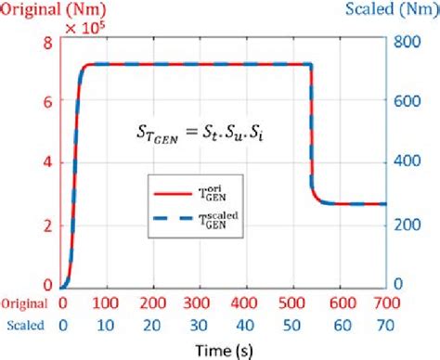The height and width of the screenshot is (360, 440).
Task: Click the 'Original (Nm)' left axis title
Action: (45, 11)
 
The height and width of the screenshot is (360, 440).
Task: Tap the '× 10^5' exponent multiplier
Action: (83, 30)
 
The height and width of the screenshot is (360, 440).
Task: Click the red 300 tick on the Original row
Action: (201, 302)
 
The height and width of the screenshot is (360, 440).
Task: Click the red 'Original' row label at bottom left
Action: (24, 302)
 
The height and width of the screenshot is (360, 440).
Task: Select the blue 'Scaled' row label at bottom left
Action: (24, 325)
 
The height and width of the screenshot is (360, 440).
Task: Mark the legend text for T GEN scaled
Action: (226, 219)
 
